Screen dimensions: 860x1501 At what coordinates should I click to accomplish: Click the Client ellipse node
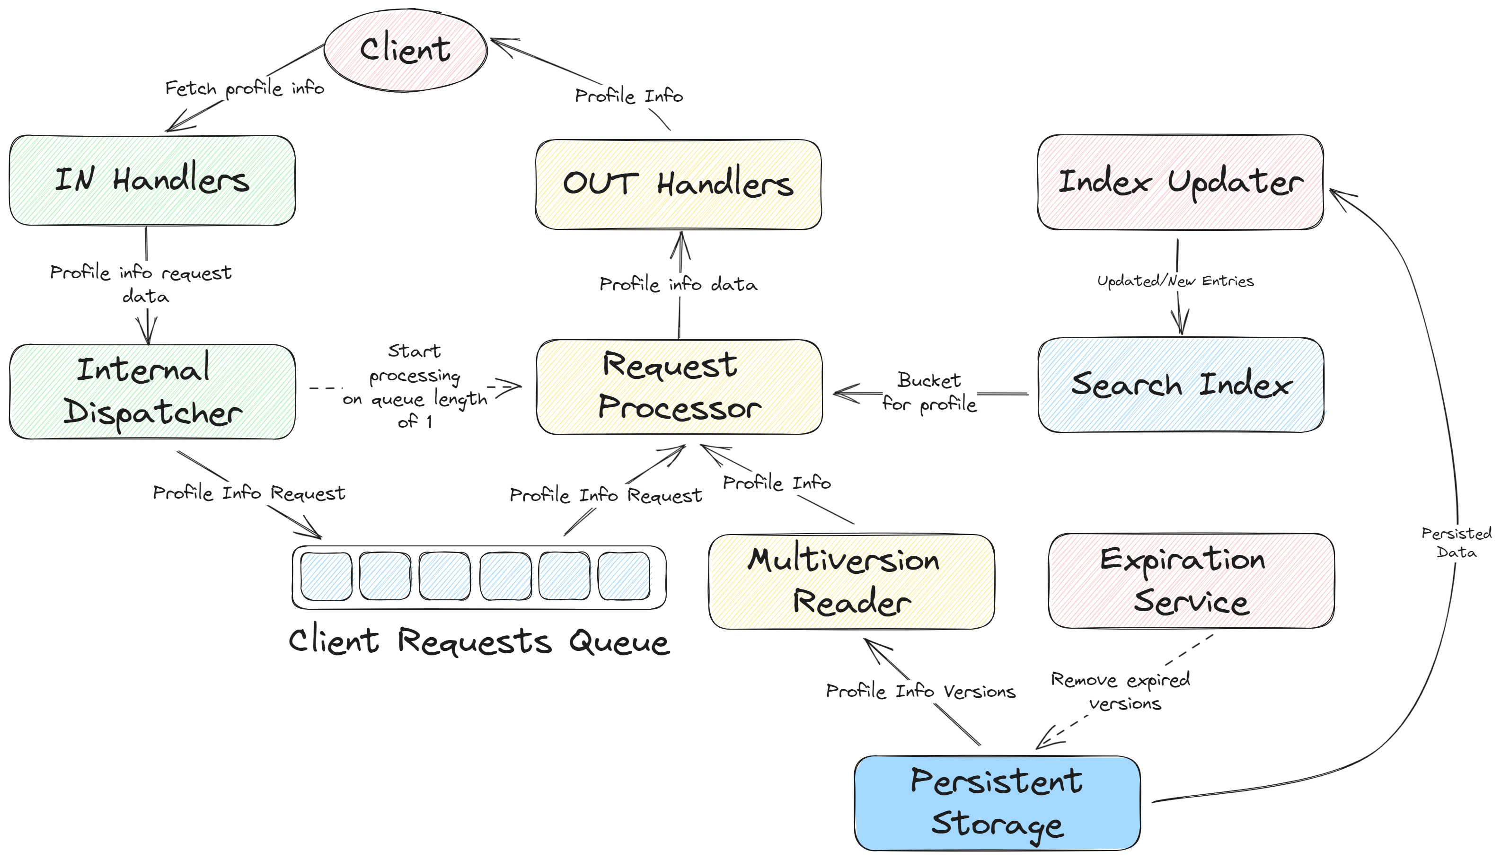coord(405,50)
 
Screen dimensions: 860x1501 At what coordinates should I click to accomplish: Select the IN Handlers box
coord(152,180)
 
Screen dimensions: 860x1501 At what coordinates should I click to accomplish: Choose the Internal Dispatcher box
coord(152,391)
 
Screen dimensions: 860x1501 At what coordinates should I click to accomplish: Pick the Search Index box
coord(1181,385)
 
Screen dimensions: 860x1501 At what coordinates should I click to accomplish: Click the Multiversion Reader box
coord(851,581)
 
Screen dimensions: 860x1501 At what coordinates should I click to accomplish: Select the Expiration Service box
coord(1191,580)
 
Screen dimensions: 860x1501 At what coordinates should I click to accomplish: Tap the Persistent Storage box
coord(997,803)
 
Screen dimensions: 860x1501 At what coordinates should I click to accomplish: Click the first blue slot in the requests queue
coord(326,577)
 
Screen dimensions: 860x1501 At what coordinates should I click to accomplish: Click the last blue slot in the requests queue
coord(624,577)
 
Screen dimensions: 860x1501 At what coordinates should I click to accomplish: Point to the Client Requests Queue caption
coord(479,641)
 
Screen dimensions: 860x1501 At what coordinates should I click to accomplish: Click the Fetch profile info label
coord(245,88)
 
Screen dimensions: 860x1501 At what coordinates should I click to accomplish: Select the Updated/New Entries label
coord(1175,281)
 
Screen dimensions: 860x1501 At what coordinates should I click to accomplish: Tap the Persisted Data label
coord(1456,542)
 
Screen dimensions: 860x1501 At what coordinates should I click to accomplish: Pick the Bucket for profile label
coord(929,392)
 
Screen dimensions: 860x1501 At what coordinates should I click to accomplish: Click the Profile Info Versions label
coord(920,691)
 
